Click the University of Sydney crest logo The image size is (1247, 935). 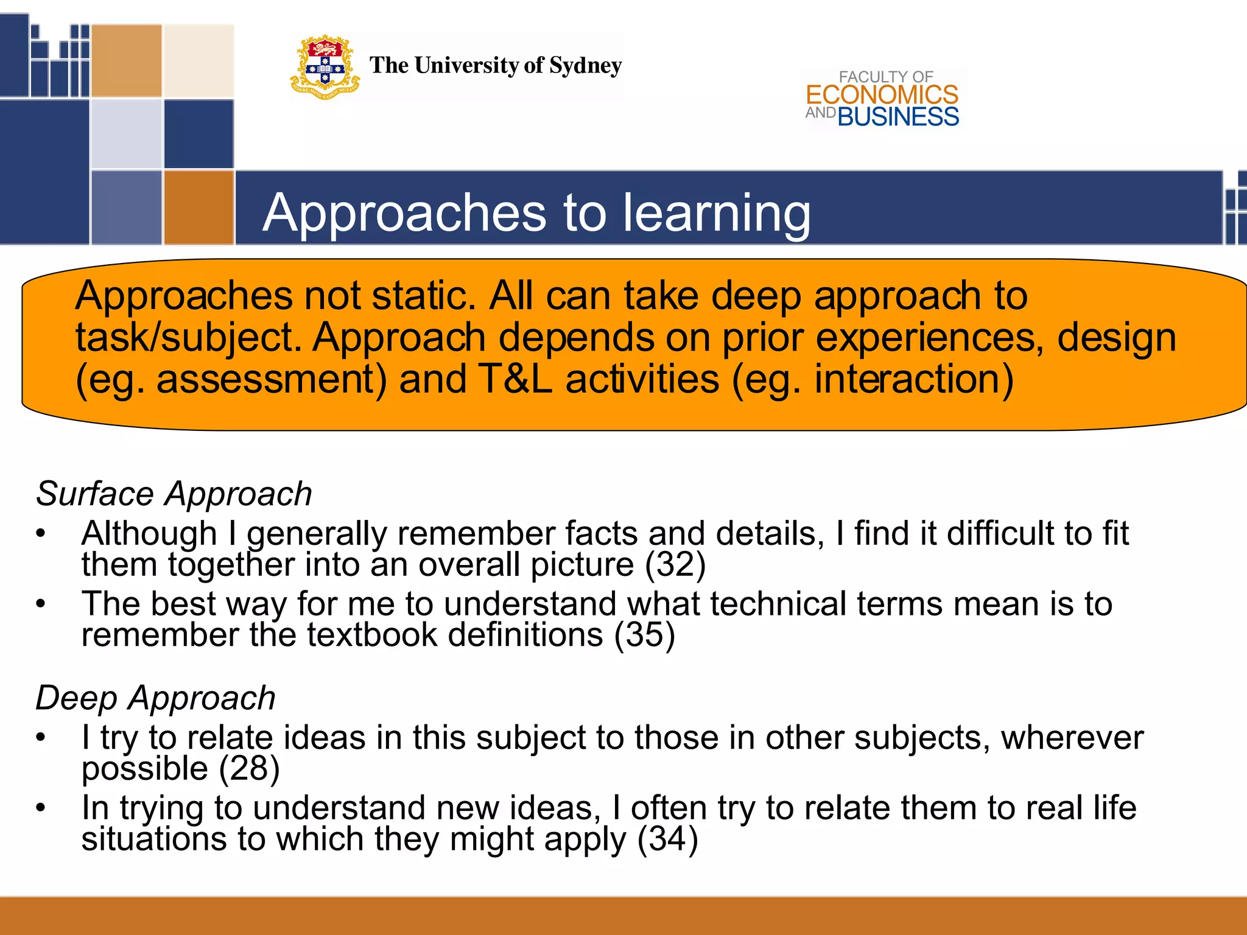click(325, 66)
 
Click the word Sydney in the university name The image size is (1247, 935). click(585, 65)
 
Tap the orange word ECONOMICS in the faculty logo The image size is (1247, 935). click(882, 95)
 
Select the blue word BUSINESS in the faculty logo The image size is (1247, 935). click(898, 116)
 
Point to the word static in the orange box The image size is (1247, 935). click(423, 296)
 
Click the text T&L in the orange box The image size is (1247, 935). click(515, 379)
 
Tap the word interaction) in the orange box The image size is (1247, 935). click(914, 379)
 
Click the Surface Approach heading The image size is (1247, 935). click(174, 494)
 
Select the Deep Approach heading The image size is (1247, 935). click(155, 698)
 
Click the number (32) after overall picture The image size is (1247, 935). click(675, 564)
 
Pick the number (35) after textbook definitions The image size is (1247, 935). click(644, 635)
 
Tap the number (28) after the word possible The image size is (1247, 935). click(249, 768)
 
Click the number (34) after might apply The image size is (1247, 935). click(667, 839)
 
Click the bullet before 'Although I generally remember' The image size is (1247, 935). click(41, 534)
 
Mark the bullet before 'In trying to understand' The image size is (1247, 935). click(41, 808)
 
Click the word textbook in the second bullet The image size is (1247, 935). click(372, 635)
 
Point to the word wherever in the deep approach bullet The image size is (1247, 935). click(1072, 738)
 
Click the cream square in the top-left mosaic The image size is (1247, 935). click(198, 60)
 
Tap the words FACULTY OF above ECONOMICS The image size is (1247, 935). click(885, 77)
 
